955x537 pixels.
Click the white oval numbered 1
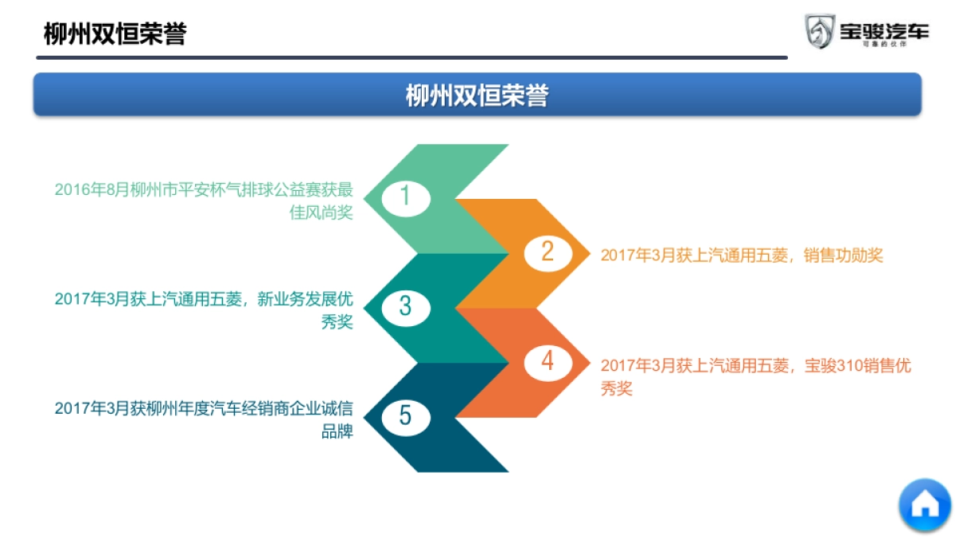coord(405,197)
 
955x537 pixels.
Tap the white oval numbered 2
coord(548,252)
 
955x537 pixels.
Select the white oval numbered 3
coord(405,306)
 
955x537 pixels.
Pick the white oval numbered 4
coord(548,362)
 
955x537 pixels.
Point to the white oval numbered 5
coord(405,416)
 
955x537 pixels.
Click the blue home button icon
coord(925,504)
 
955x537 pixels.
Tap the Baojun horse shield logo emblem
coord(819,32)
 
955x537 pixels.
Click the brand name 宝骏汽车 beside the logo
coord(883,31)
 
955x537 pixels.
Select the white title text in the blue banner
coord(477,95)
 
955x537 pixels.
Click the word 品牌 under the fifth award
coord(337,432)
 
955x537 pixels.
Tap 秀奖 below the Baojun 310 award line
coord(616,389)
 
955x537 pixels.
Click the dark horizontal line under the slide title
coord(411,57)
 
